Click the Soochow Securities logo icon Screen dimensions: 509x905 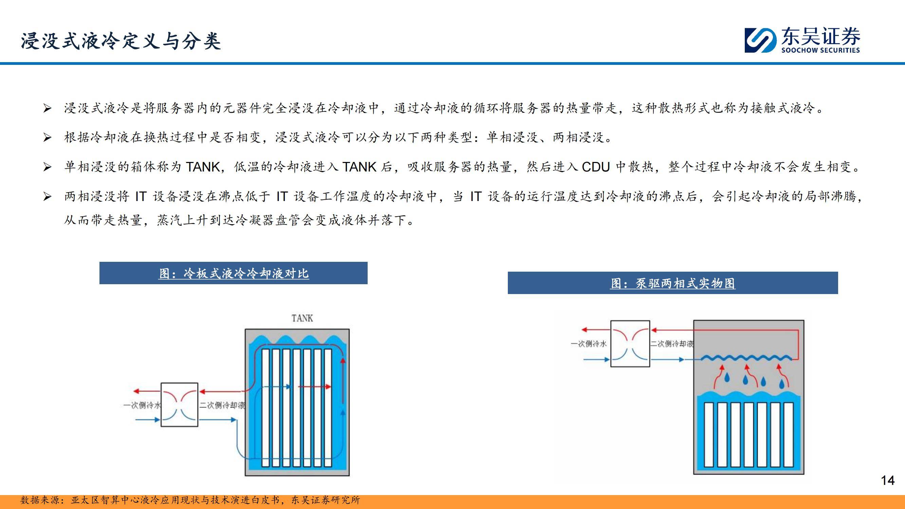click(x=760, y=40)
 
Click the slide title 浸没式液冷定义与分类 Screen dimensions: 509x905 click(x=121, y=41)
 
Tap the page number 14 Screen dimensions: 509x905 click(x=888, y=480)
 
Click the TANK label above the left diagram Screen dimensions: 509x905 click(x=302, y=318)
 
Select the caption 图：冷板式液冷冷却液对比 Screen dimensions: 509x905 click(x=234, y=273)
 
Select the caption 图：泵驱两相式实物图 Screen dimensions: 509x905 click(x=673, y=283)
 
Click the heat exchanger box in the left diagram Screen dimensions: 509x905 click(x=179, y=405)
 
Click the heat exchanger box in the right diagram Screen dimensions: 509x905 click(x=630, y=343)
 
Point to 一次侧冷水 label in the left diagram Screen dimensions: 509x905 click(x=142, y=405)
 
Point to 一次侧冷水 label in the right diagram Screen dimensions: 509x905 click(x=589, y=344)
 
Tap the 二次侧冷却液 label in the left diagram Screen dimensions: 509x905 click(x=222, y=405)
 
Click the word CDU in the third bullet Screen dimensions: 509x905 click(x=595, y=167)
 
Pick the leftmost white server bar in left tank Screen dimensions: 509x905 click(x=265, y=408)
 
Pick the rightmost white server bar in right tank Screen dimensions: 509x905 click(x=789, y=435)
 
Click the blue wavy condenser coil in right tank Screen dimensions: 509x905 click(x=746, y=358)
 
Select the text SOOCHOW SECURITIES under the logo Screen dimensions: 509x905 click(x=820, y=50)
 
